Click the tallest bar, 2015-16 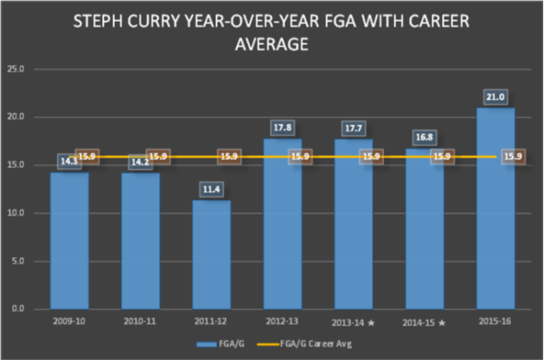click(x=496, y=208)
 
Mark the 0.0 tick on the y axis click(x=15, y=309)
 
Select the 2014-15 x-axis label click(x=425, y=321)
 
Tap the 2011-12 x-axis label click(x=211, y=321)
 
